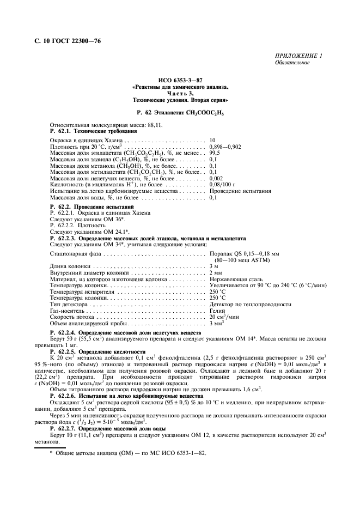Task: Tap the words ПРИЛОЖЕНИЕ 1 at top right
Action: pos(299,56)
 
